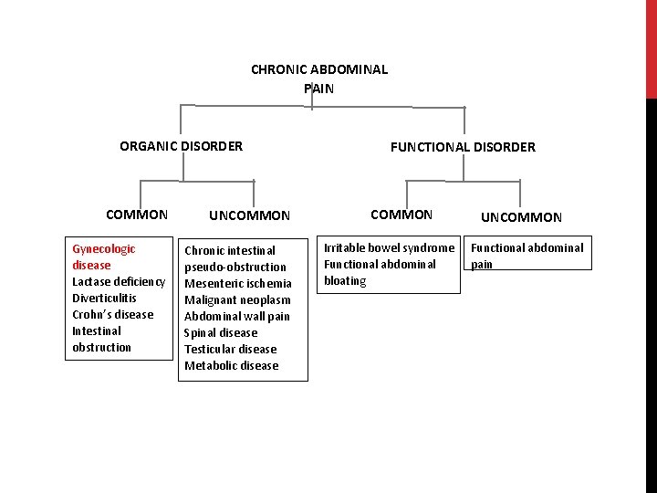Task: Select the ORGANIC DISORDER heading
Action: click(x=181, y=146)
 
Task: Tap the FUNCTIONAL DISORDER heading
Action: click(x=463, y=147)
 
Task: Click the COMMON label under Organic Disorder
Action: click(x=137, y=215)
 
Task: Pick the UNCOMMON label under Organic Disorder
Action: click(x=249, y=216)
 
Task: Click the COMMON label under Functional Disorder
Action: click(x=401, y=215)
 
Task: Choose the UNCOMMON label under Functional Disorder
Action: click(x=521, y=217)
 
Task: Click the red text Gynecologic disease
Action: click(x=103, y=257)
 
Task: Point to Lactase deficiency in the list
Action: click(x=119, y=281)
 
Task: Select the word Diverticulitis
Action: click(x=104, y=298)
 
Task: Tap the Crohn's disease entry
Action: click(x=112, y=314)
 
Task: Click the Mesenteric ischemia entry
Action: click(x=237, y=283)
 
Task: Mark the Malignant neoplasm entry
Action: click(x=237, y=299)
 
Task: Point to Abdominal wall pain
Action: click(x=237, y=316)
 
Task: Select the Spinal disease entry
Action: click(x=221, y=332)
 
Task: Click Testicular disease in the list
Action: click(x=230, y=349)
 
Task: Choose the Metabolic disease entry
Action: click(x=231, y=365)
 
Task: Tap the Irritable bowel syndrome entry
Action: click(x=389, y=248)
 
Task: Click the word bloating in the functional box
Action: click(x=345, y=281)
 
